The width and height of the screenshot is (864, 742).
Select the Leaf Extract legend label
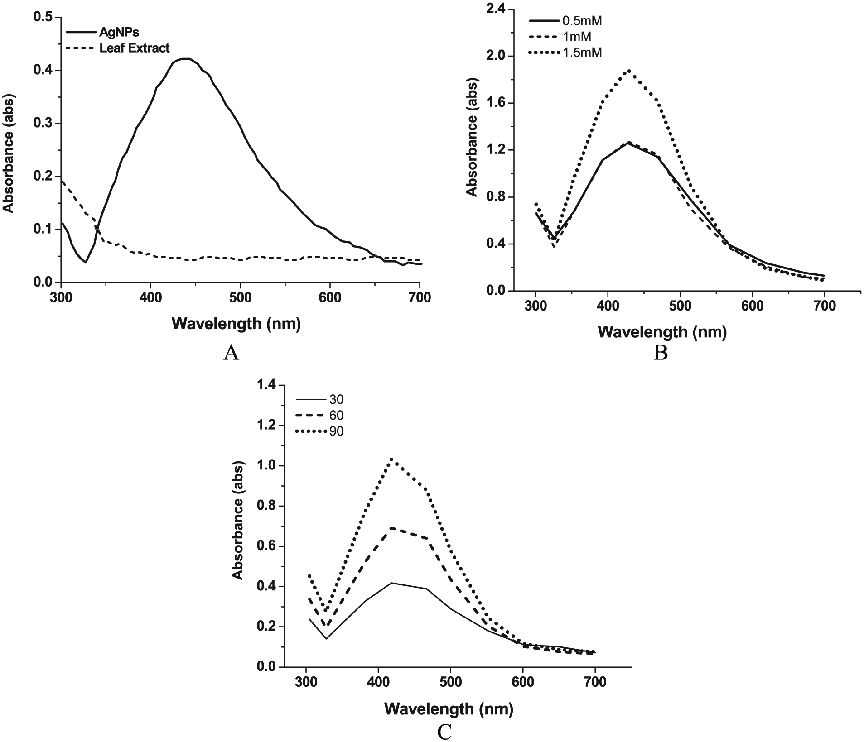click(x=135, y=47)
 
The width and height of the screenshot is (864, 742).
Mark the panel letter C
click(x=444, y=732)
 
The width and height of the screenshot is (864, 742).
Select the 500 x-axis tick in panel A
click(x=240, y=297)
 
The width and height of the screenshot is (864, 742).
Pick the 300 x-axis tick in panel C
click(x=306, y=682)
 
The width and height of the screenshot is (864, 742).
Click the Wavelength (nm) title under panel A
click(x=236, y=324)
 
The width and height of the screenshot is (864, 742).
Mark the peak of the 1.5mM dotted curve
click(x=629, y=71)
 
